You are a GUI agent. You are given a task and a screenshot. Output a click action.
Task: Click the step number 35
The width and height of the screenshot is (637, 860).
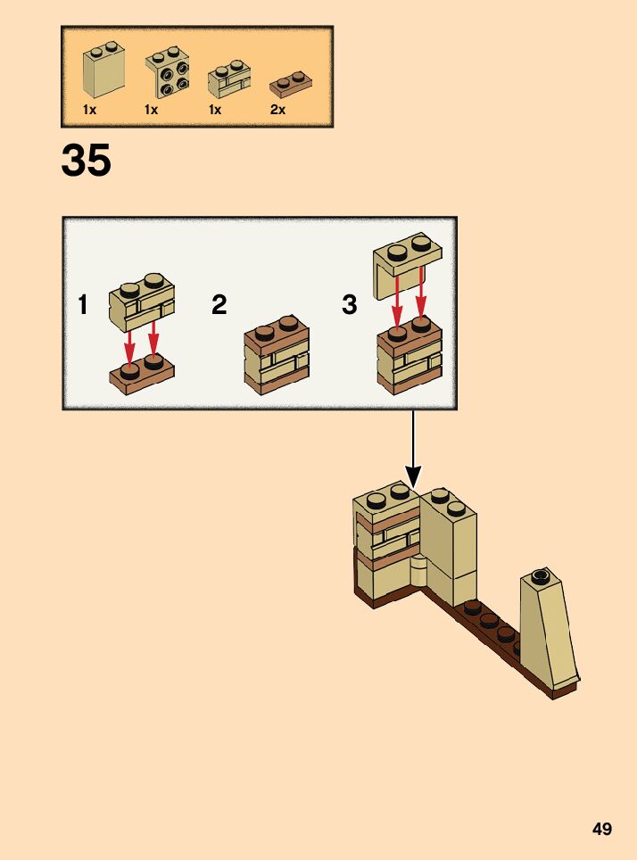pyautogui.click(x=87, y=161)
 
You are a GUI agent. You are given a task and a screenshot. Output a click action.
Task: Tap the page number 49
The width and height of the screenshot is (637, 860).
pyautogui.click(x=602, y=829)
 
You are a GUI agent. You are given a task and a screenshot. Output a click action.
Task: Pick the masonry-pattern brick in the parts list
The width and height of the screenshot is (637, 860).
pyautogui.click(x=229, y=79)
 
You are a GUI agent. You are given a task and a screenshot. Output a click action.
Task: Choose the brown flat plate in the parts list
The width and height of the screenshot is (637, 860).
pyautogui.click(x=290, y=83)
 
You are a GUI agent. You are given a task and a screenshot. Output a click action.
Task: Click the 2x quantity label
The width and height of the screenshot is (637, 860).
pyautogui.click(x=277, y=110)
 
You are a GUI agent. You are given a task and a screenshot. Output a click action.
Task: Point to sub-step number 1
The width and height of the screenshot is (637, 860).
pyautogui.click(x=83, y=306)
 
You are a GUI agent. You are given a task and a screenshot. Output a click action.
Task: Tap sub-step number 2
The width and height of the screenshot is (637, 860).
pyautogui.click(x=219, y=306)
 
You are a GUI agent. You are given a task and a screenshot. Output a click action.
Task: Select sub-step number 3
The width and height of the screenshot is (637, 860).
pyautogui.click(x=349, y=306)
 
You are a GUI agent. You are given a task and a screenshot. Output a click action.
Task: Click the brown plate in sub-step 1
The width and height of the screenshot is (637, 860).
pyautogui.click(x=142, y=374)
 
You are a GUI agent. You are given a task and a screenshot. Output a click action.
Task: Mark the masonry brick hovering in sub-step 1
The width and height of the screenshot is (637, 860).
pyautogui.click(x=142, y=301)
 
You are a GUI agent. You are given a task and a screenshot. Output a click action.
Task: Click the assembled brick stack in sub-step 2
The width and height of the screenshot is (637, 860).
pyautogui.click(x=277, y=355)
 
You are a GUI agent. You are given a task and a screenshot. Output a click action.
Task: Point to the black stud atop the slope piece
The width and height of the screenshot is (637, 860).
pyautogui.click(x=538, y=575)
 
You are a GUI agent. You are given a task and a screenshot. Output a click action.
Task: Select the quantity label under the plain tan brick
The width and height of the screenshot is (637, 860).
pyautogui.click(x=89, y=110)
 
